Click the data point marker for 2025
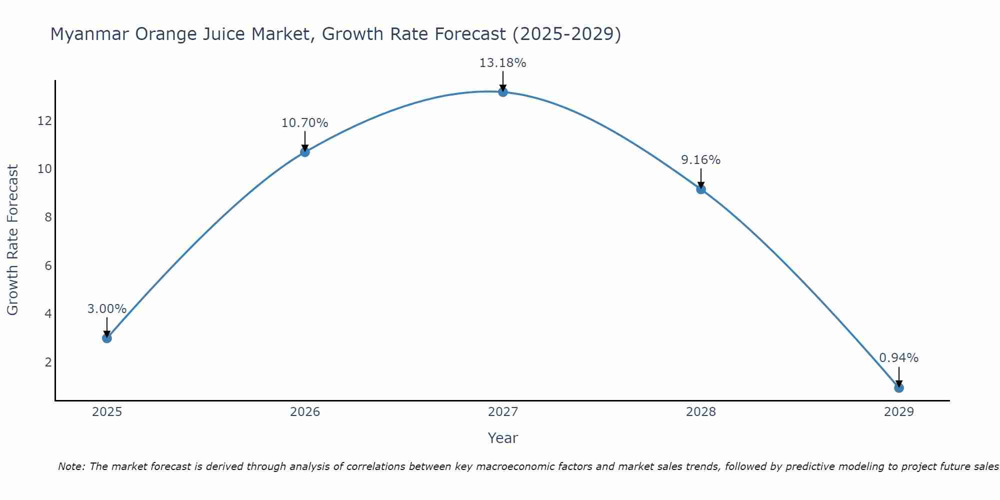(x=107, y=338)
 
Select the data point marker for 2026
(x=305, y=152)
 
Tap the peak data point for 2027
(x=503, y=92)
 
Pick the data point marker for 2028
(x=701, y=189)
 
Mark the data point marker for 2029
(x=899, y=387)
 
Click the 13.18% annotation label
(x=502, y=63)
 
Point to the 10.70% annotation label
(x=304, y=123)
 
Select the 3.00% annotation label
(x=106, y=309)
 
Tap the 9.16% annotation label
(x=700, y=160)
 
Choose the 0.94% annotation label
(x=898, y=358)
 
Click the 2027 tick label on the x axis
(x=503, y=412)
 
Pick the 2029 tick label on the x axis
(x=899, y=412)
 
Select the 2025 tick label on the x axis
(x=107, y=412)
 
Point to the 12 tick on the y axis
(x=44, y=121)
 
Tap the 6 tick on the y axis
(x=48, y=265)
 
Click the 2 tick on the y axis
(x=48, y=362)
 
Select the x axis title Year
(x=502, y=438)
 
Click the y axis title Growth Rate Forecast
(x=12, y=240)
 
